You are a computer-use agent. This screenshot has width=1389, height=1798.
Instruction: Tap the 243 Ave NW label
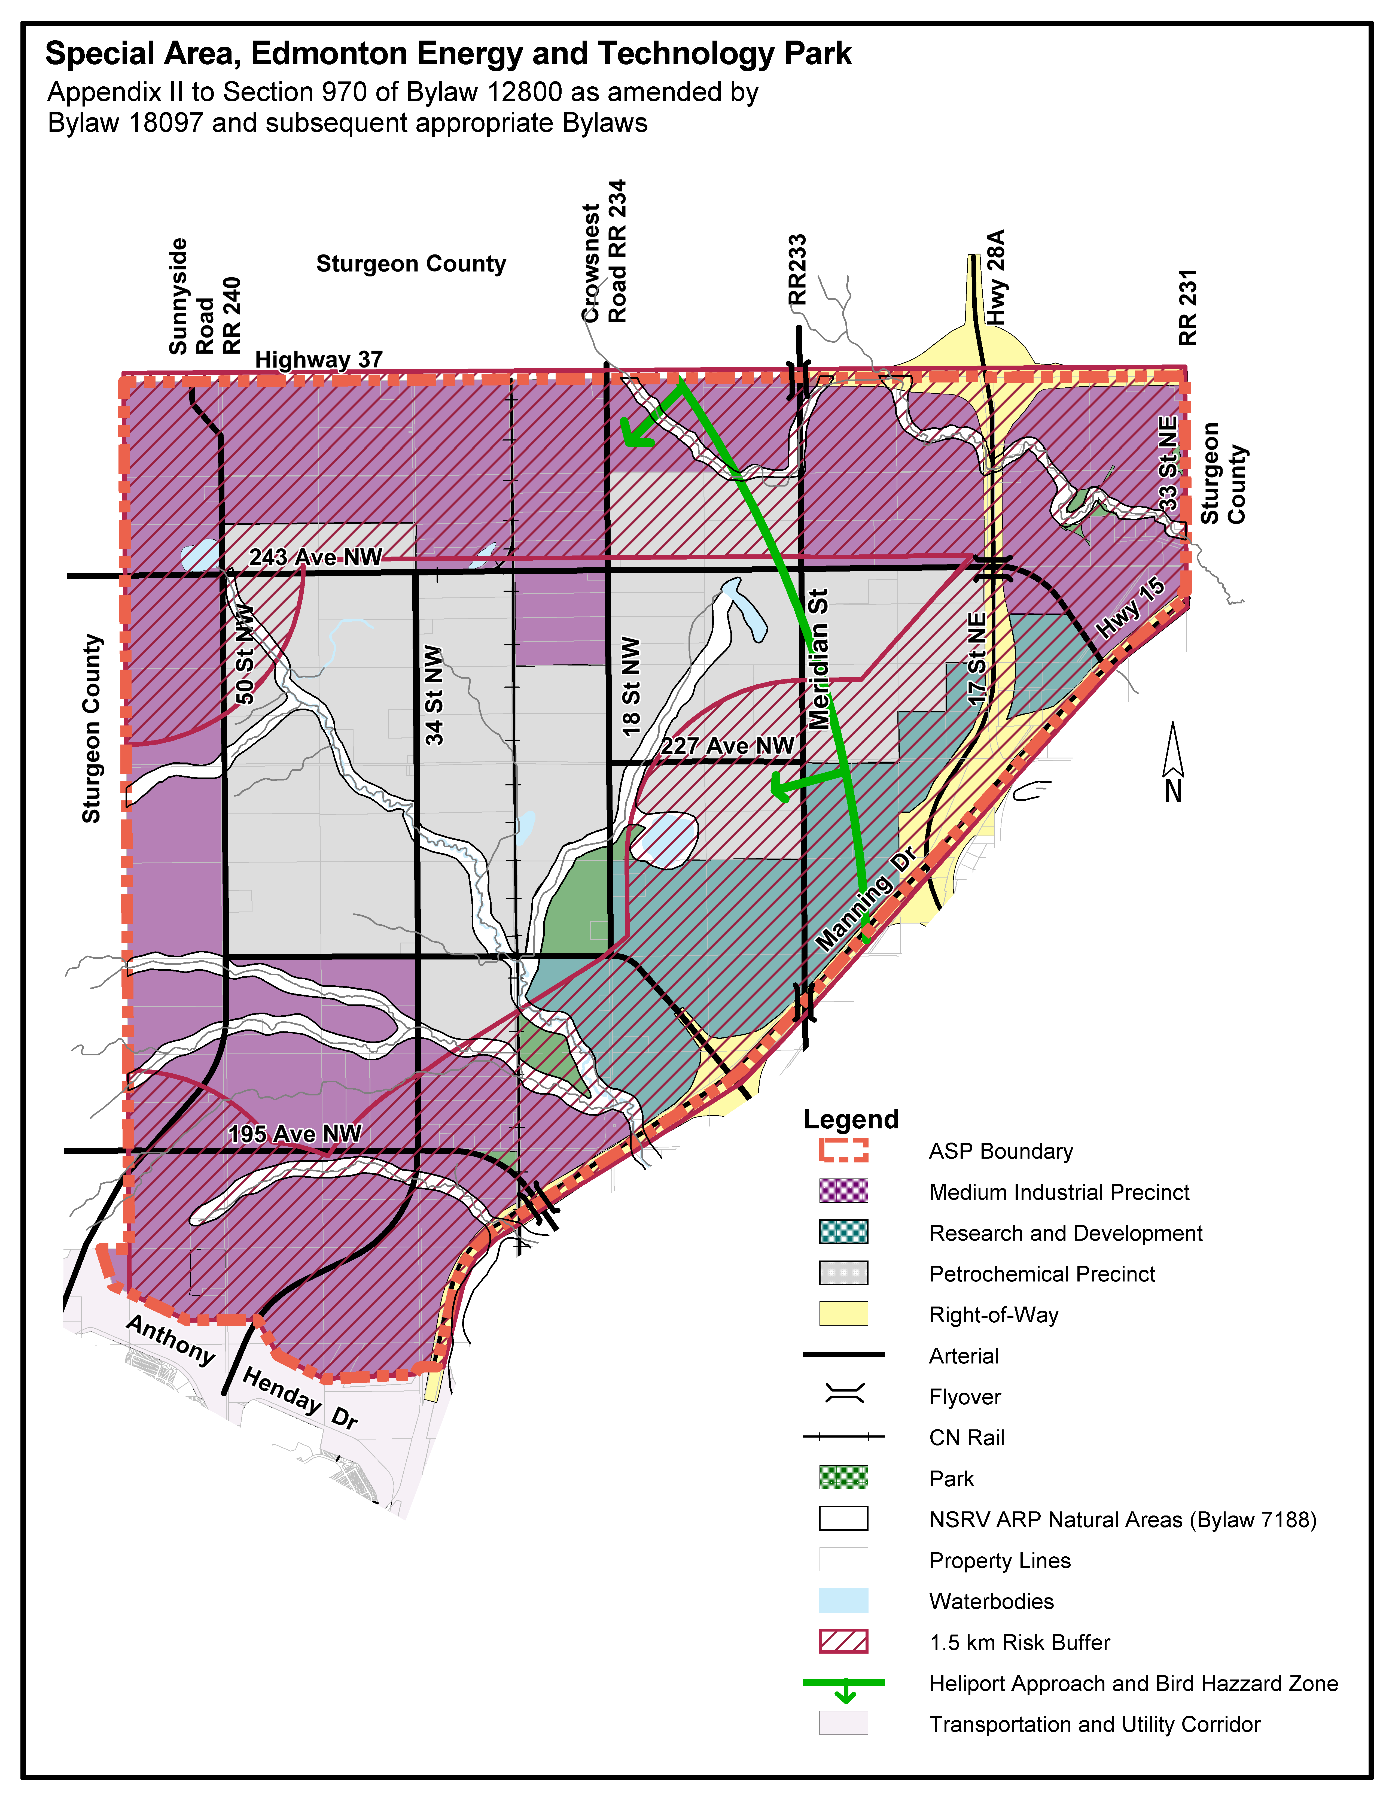coord(316,557)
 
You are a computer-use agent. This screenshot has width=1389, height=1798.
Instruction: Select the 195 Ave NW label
coord(295,1134)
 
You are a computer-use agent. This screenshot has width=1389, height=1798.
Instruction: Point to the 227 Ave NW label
coord(727,746)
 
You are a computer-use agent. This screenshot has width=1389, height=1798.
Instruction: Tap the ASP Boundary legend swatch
coord(843,1150)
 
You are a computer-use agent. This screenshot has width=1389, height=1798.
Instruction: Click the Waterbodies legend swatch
coord(843,1600)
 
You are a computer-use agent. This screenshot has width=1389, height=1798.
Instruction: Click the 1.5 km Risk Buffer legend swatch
coord(843,1642)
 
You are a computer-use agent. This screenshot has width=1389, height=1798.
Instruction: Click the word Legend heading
coord(851,1119)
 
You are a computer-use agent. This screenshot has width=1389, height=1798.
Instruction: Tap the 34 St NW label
coord(434,696)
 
